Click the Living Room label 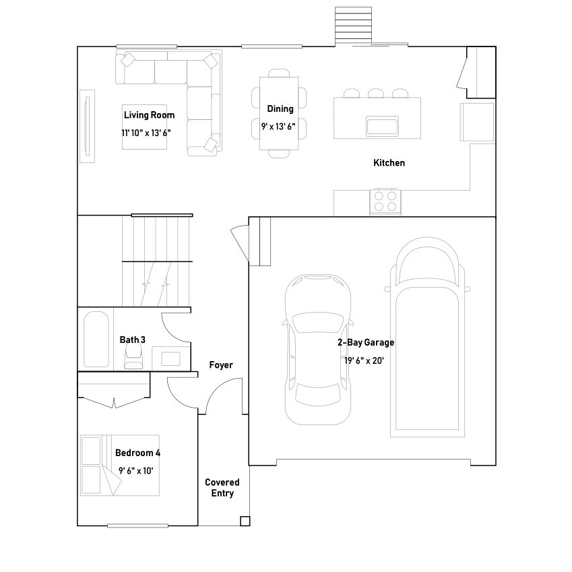(x=149, y=115)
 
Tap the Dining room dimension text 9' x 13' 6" (x=278, y=126)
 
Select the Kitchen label (x=389, y=163)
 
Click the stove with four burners (x=385, y=201)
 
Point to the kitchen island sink (x=382, y=126)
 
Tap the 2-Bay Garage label (x=366, y=342)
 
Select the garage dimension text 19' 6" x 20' (x=364, y=360)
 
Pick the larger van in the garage (x=427, y=337)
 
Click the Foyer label (x=221, y=365)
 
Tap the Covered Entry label (x=222, y=488)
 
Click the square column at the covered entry (x=245, y=521)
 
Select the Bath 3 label (x=133, y=340)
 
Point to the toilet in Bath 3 (x=133, y=360)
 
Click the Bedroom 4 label (x=137, y=453)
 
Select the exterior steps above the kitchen (x=353, y=26)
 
